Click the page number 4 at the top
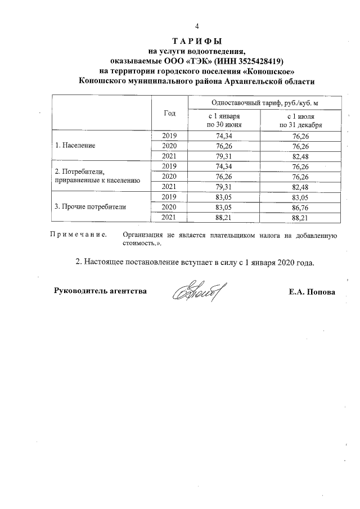point(197,25)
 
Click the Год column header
point(170,112)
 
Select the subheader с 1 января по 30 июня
point(224,120)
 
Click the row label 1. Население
point(75,145)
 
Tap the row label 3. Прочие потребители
point(90,206)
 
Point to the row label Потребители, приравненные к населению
point(101,175)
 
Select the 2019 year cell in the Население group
point(170,136)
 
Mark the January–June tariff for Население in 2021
point(224,156)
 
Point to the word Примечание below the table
point(79,234)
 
